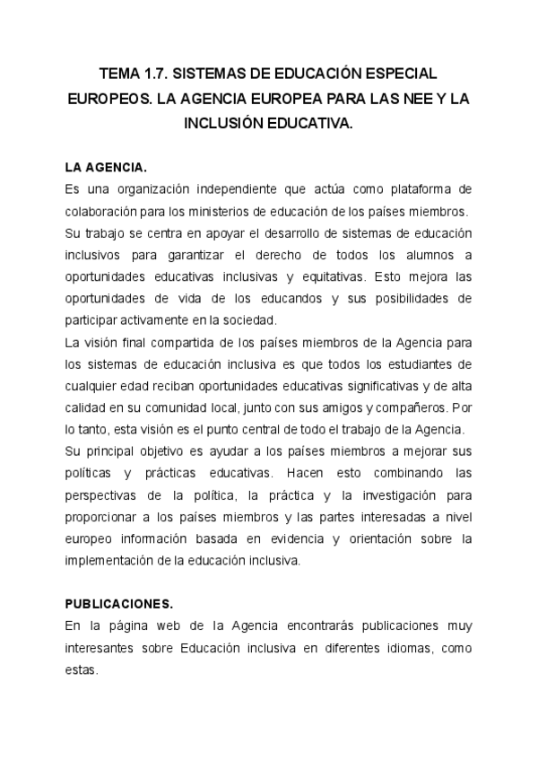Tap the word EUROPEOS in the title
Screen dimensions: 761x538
(x=109, y=100)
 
